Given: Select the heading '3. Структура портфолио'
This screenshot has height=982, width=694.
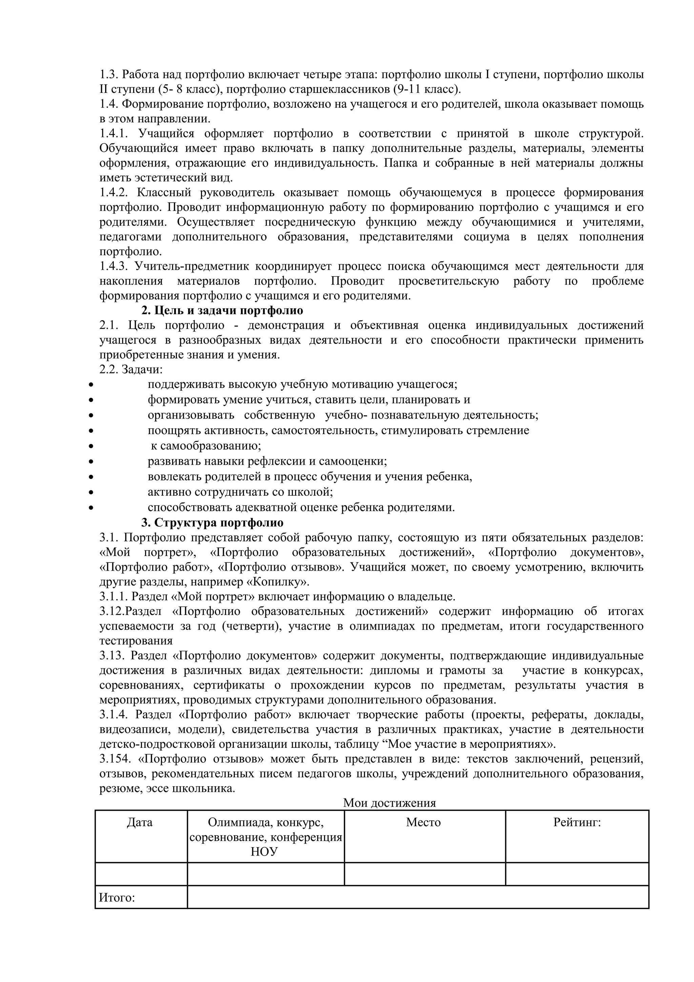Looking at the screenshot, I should pos(212,523).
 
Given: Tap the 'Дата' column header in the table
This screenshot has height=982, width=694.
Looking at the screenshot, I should pos(139,822).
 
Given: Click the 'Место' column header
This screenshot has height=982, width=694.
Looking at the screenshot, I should pos(423,822).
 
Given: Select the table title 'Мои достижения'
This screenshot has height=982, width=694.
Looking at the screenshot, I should pos(389,803).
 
